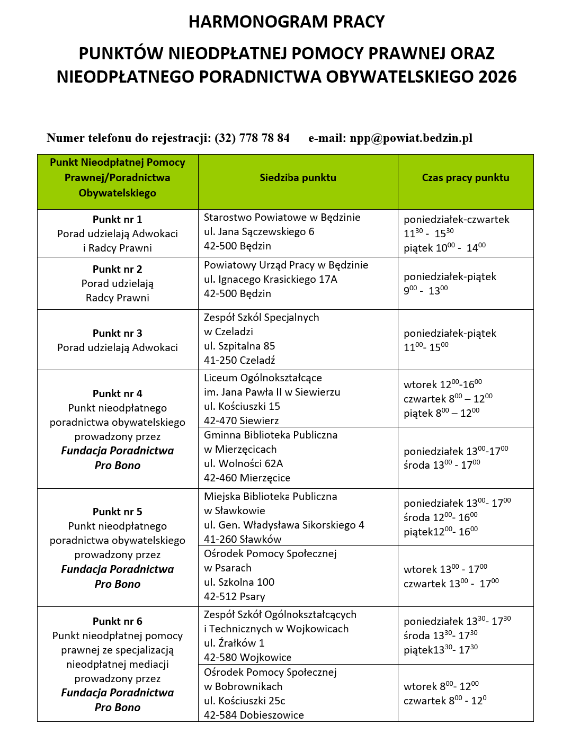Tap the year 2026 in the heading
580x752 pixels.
pos(497,77)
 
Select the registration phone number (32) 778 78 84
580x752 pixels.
pos(252,138)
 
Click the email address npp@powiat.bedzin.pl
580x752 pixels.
pos(411,138)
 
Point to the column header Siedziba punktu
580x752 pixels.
pos(298,178)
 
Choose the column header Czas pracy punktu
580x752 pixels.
pos(466,178)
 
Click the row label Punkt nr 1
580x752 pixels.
pos(118,219)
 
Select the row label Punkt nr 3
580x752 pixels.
pos(118,333)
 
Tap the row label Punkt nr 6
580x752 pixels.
pos(118,621)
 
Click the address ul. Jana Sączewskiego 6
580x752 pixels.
pos(259,231)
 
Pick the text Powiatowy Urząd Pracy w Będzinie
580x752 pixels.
pos(286,265)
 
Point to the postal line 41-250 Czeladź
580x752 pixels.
pos(239,360)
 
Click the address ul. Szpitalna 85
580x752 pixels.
pos(239,346)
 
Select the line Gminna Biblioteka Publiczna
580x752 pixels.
pos(271,435)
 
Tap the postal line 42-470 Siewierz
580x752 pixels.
pos(242,420)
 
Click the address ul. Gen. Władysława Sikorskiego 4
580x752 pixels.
pos(284,525)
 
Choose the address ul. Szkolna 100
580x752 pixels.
pos(239,582)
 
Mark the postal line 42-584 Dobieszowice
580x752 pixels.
pos(254,715)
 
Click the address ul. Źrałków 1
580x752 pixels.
pos(234,643)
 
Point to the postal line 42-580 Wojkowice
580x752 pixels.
pos(247,657)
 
